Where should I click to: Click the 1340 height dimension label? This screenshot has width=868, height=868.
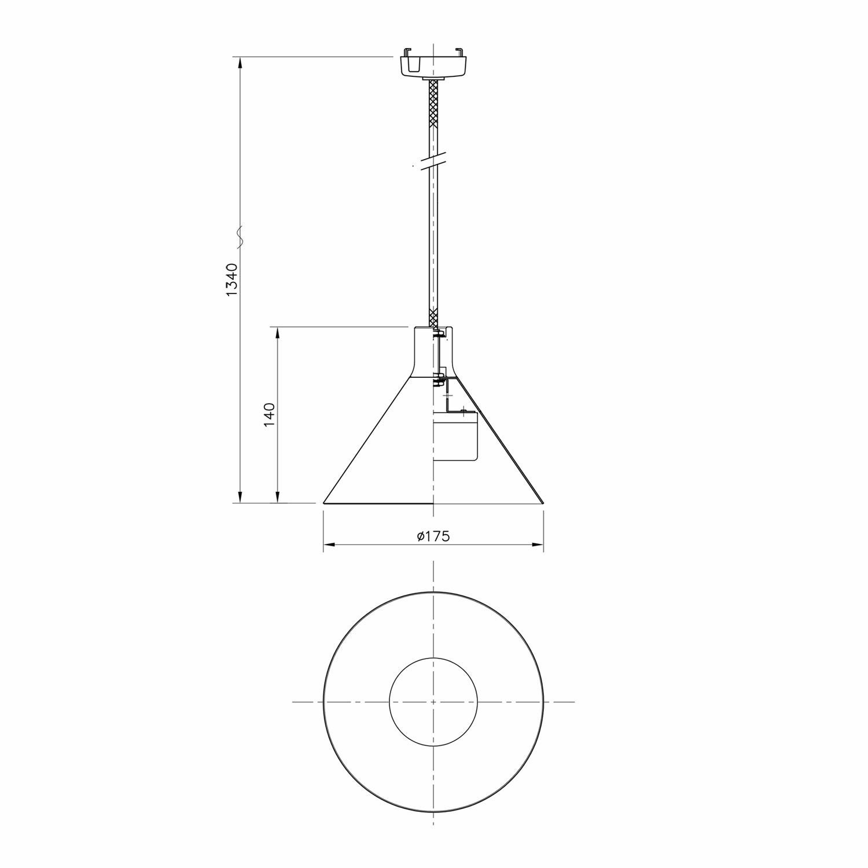point(232,280)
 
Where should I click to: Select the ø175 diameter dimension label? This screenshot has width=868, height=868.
point(433,536)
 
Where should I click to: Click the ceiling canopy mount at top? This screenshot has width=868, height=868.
point(433,62)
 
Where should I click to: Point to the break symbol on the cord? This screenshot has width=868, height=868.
point(433,162)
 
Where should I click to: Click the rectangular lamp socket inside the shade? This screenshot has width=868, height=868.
point(457,436)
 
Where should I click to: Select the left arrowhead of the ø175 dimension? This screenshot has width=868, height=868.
point(328,545)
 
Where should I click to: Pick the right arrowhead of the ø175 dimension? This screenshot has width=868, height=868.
point(538,545)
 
